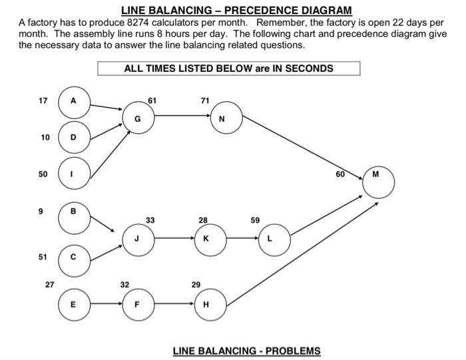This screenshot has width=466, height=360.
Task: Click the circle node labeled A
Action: point(74,101)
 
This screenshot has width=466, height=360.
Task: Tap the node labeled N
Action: point(222,120)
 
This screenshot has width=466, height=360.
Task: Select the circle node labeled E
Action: point(74,305)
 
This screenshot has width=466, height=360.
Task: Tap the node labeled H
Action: point(206,305)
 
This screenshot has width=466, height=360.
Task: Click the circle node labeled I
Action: point(74,174)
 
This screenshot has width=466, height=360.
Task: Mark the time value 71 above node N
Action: point(204,100)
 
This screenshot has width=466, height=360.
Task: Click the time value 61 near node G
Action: point(152,100)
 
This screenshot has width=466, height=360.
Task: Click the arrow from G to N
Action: point(180,116)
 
